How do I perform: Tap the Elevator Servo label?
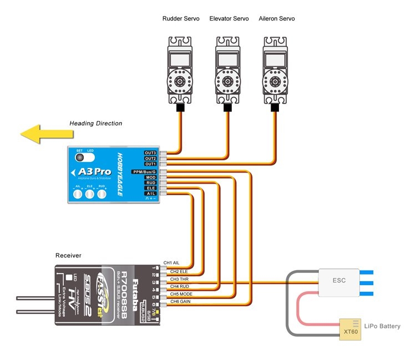tap(229, 19)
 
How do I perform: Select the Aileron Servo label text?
tap(277, 19)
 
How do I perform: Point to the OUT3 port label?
tap(150, 153)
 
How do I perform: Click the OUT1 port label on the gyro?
tap(150, 164)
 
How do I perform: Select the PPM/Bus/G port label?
tap(144, 172)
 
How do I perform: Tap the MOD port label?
tap(150, 178)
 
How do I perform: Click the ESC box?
tap(339, 280)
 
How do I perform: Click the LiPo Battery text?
tap(382, 326)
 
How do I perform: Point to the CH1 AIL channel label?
tap(171, 263)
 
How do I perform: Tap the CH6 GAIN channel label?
tap(181, 301)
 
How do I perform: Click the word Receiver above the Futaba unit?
tap(68, 256)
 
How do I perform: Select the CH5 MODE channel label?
tap(181, 294)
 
